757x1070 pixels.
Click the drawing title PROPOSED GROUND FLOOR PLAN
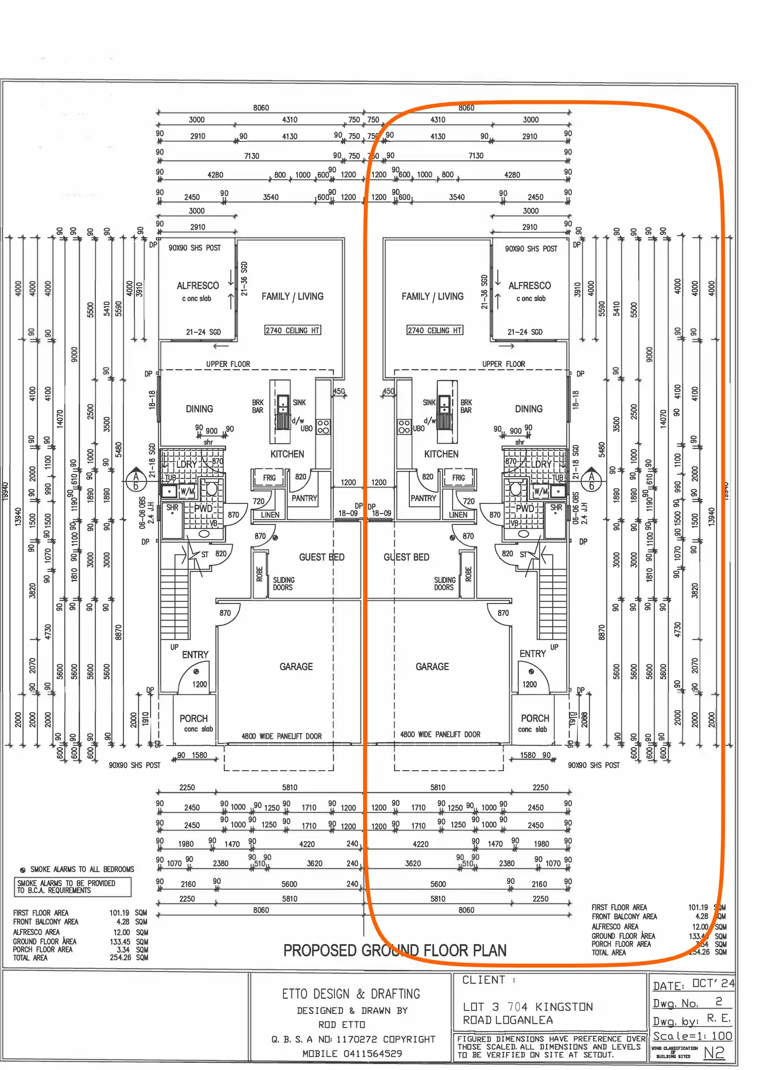pos(394,950)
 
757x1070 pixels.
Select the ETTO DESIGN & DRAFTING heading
pos(351,993)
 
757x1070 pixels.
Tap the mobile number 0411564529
pos(373,1054)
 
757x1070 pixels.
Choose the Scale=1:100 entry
pos(692,1036)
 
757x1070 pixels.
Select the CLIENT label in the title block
pos(483,980)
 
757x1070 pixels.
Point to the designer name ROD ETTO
pos(341,1025)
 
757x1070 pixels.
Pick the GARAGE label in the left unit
pos(296,666)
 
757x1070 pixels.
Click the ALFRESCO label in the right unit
pos(529,285)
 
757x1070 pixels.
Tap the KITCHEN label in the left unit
pos(287,454)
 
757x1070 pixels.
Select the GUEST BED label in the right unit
pos(406,557)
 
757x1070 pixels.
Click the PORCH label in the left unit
pos(193,718)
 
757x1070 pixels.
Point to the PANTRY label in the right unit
pos(423,498)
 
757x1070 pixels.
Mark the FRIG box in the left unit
pos(269,478)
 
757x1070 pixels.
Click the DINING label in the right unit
pos(528,409)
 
